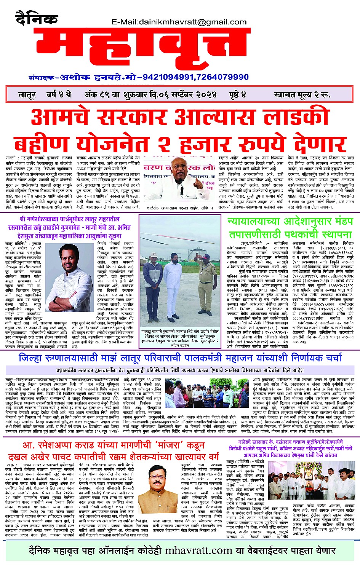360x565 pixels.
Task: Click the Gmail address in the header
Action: click(179, 22)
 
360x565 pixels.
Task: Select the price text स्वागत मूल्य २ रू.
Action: click(302, 95)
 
